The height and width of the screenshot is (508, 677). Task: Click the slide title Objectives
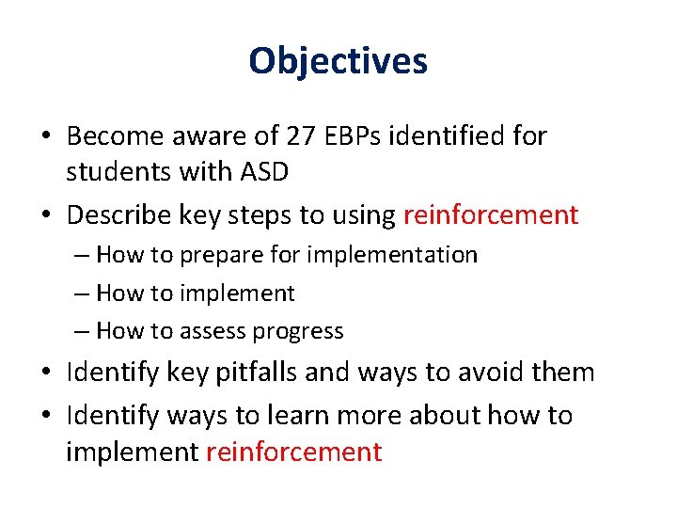338,61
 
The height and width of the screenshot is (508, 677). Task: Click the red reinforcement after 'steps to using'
490,215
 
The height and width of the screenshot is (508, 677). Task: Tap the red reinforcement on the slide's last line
293,452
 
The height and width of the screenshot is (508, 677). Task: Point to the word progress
299,331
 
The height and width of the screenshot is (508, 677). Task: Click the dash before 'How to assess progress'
80,331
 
